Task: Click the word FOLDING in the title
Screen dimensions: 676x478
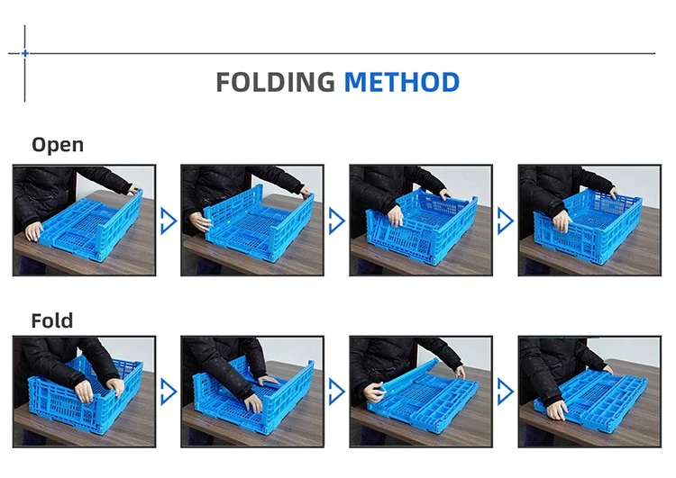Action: coord(275,82)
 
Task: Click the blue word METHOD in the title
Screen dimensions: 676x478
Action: coord(402,82)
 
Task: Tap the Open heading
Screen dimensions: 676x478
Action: coord(58,145)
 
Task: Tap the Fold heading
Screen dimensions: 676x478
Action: coord(52,320)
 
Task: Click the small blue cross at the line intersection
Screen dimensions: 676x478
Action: coord(25,53)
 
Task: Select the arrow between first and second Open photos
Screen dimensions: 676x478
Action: coord(169,221)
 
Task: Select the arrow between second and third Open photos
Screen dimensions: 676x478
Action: coord(337,221)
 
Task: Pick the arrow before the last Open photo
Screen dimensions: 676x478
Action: coord(506,221)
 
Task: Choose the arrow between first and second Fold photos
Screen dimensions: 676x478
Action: coord(169,392)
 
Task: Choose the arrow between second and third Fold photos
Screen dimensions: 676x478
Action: coord(337,392)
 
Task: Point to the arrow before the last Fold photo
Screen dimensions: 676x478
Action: coord(506,392)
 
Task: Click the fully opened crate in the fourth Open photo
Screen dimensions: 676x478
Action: coord(588,226)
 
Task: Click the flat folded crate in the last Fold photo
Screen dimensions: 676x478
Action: coord(590,398)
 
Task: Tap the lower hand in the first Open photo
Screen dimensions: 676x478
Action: coord(34,231)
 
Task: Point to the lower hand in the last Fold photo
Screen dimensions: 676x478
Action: coord(556,409)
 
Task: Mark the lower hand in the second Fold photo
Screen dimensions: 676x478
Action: coord(252,403)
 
